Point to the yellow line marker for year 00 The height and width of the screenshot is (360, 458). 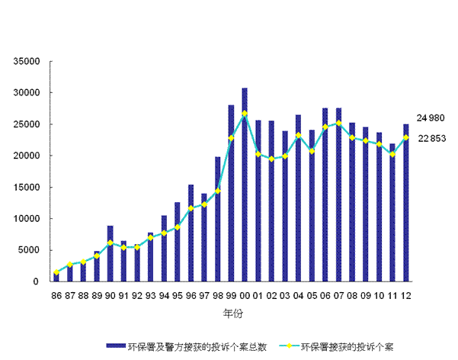[x=245, y=114]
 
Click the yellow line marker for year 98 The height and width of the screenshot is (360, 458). [x=217, y=191]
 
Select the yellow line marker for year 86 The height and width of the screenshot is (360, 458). [x=56, y=272]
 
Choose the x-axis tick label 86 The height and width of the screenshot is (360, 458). [x=56, y=294]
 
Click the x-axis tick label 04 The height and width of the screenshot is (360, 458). [x=298, y=294]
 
